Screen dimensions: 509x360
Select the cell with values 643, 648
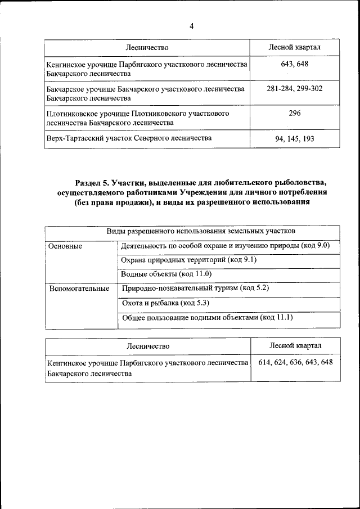point(294,65)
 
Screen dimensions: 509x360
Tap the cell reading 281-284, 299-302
point(294,89)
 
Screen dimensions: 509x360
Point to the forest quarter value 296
point(294,114)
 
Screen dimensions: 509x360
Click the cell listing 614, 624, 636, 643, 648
point(295,362)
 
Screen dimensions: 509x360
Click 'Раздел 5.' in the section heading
point(92,183)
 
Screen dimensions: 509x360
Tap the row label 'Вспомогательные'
point(79,289)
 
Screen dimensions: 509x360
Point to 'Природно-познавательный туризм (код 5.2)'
point(195,289)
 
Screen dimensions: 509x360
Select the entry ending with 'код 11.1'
point(207,318)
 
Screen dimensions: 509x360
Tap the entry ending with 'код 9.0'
point(225,246)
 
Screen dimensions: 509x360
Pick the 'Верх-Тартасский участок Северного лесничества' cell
point(129,138)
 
